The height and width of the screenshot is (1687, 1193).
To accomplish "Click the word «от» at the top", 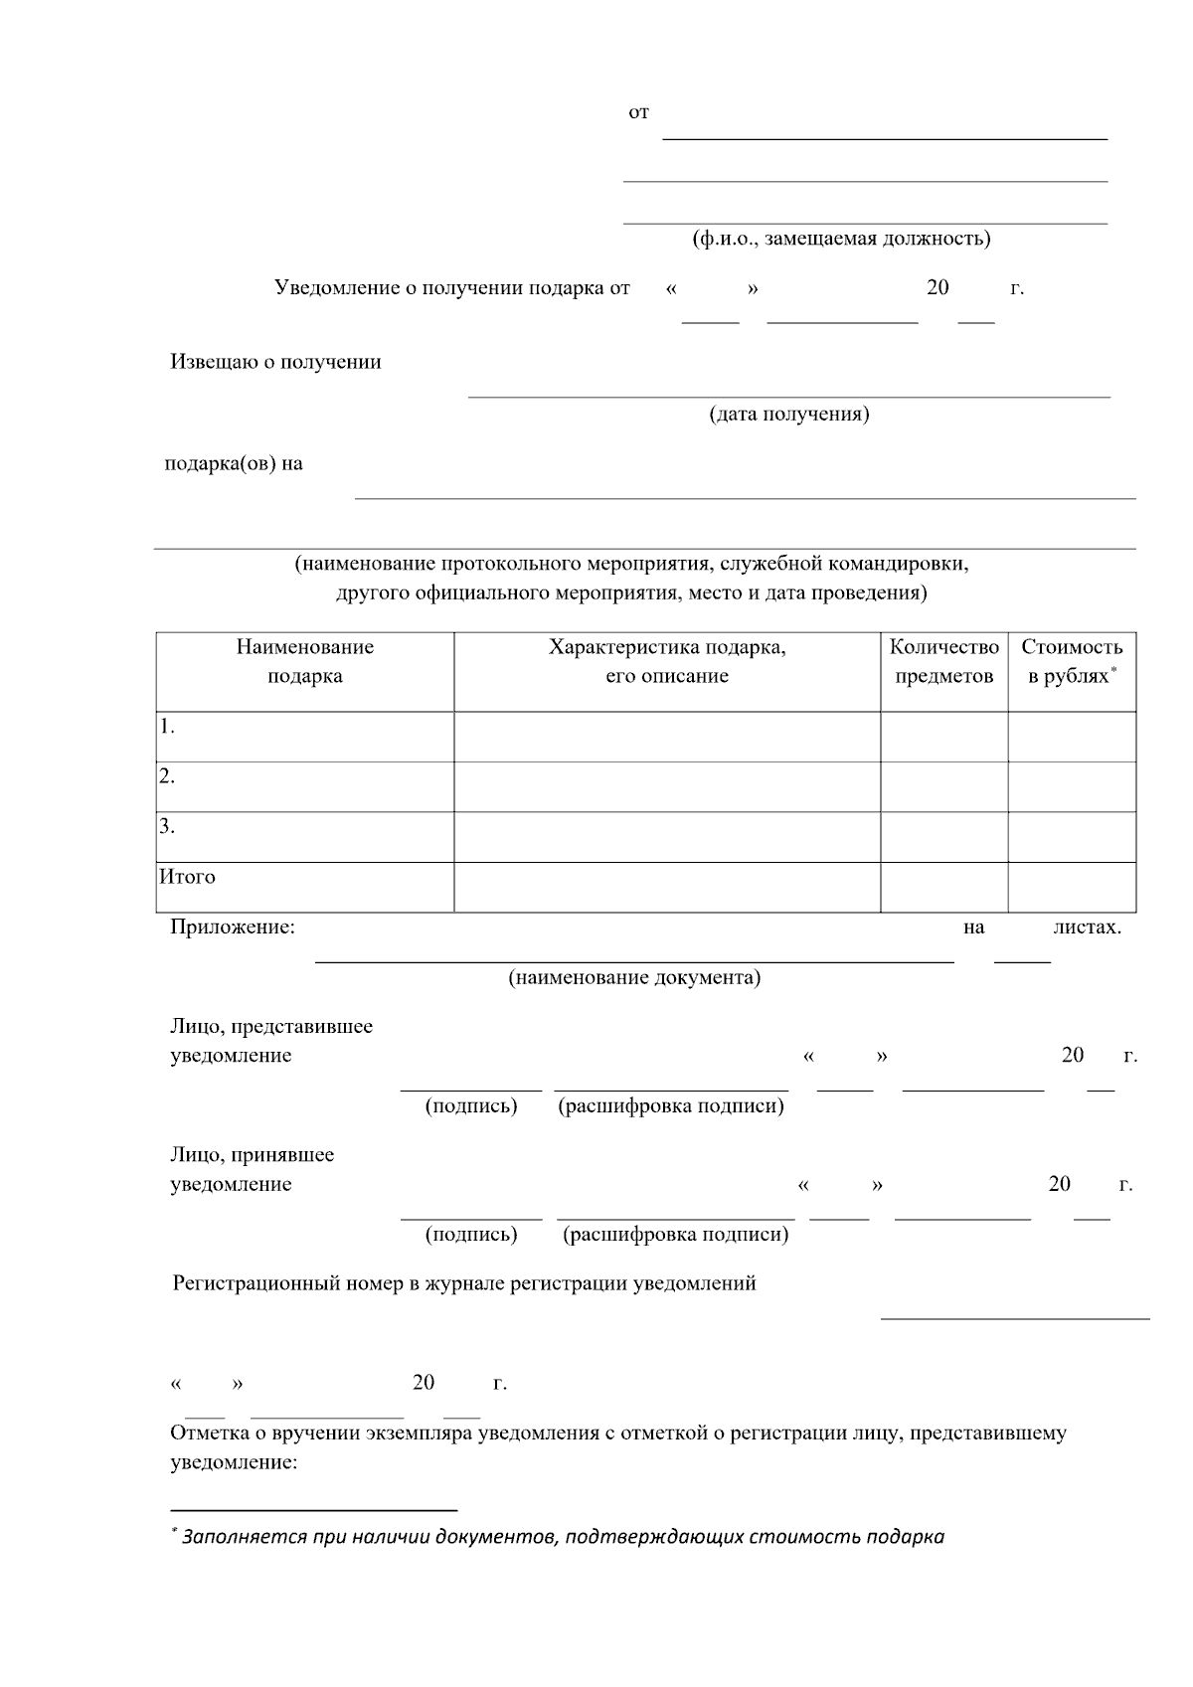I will tap(638, 113).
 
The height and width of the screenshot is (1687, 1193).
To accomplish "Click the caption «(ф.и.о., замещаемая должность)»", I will tap(841, 239).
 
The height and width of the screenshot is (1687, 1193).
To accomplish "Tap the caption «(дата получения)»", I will tap(788, 414).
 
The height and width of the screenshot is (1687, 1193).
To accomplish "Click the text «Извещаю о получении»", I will tap(275, 362).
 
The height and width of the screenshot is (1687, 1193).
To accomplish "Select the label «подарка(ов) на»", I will tap(234, 463).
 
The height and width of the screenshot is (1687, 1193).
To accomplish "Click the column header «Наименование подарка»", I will tap(304, 661).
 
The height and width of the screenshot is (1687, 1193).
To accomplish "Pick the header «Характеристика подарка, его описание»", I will tap(667, 661).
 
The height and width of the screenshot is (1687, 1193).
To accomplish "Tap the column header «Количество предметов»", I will tap(943, 661).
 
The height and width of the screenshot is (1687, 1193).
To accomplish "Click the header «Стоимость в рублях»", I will tap(1072, 661).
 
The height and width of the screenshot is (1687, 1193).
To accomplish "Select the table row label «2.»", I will tap(167, 777).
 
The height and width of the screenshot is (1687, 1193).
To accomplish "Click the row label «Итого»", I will tap(187, 877).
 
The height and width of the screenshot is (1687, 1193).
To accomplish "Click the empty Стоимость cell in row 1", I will tap(1072, 737).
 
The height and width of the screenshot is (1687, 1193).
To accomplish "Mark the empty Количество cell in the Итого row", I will tap(943, 887).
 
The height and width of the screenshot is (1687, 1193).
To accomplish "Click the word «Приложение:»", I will tap(233, 928).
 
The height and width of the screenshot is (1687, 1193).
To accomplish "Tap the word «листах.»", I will tap(1087, 928).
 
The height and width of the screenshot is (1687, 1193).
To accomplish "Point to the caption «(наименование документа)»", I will tap(634, 977).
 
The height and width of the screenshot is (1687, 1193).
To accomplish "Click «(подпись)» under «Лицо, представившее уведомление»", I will tap(471, 1105).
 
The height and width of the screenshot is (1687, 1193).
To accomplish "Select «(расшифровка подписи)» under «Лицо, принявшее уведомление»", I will tap(675, 1235).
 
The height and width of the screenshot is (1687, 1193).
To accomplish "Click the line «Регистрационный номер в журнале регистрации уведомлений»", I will tap(464, 1283).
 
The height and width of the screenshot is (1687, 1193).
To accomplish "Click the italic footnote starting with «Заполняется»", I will tap(562, 1537).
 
